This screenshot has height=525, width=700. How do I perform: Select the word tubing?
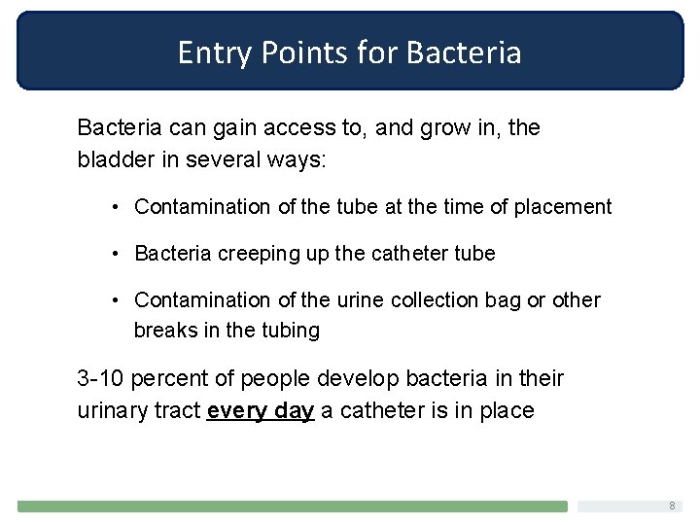[289, 331]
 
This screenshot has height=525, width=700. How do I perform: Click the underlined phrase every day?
[261, 410]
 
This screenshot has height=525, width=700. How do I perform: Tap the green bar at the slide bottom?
[292, 507]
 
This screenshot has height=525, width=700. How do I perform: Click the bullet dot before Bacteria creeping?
[115, 254]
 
